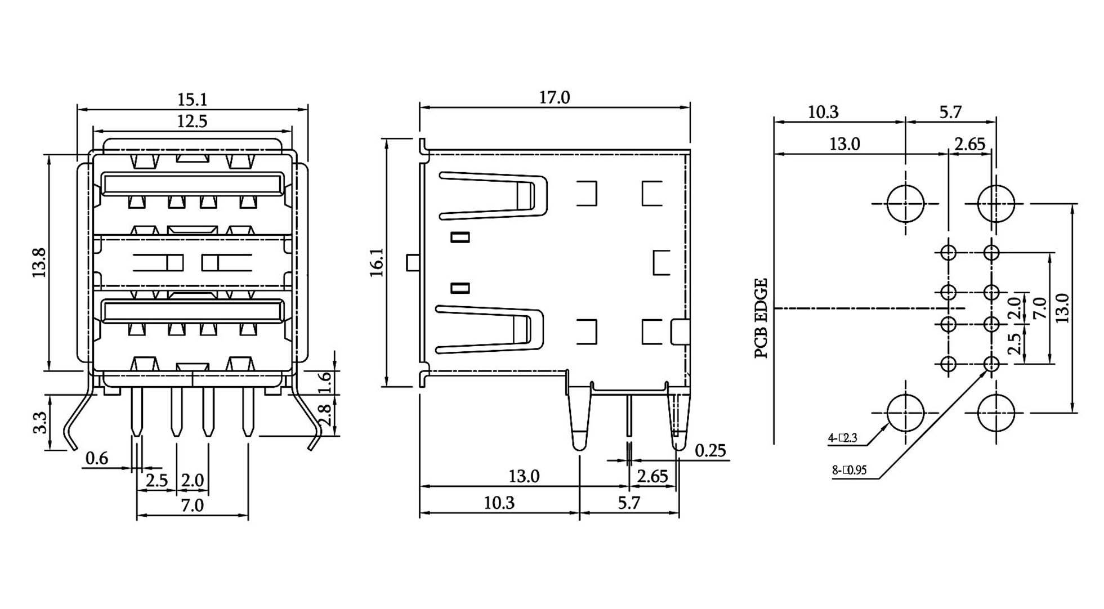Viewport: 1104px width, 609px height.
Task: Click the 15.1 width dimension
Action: [x=193, y=100]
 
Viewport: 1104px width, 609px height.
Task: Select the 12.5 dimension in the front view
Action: [x=193, y=121]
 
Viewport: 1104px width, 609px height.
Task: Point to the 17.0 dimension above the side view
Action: [x=555, y=98]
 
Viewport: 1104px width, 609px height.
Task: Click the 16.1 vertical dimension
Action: [x=377, y=262]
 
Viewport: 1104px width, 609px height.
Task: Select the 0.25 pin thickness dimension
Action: [x=710, y=451]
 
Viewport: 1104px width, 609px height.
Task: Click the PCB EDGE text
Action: [x=761, y=319]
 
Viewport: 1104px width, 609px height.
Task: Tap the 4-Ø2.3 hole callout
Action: [x=843, y=438]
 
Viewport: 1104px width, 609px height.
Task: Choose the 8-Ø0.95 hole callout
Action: [x=850, y=470]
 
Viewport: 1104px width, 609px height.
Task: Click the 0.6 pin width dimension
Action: [x=97, y=459]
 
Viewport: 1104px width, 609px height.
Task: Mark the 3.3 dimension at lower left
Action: [x=40, y=423]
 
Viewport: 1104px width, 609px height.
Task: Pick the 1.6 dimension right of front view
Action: [x=325, y=383]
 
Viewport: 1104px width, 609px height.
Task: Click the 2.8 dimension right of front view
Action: [x=325, y=415]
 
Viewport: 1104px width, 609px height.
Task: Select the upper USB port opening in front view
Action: [x=191, y=185]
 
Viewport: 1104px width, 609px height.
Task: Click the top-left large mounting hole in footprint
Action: [x=905, y=203]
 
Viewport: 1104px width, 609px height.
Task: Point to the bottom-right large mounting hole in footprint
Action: [x=996, y=413]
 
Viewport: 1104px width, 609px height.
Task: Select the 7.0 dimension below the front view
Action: [x=192, y=505]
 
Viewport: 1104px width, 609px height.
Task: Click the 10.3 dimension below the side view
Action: [x=499, y=503]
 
